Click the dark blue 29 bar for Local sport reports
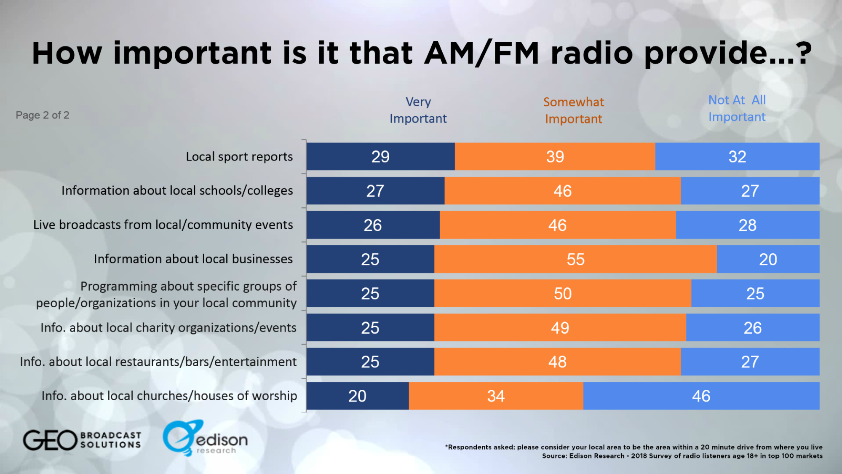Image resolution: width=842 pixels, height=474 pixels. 380,157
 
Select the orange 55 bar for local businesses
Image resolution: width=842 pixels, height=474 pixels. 575,259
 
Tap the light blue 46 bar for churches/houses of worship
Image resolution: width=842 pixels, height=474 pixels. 701,396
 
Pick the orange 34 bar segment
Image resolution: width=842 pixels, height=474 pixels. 496,396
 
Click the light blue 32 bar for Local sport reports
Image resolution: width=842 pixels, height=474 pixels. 737,157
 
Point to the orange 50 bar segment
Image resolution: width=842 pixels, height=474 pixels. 563,293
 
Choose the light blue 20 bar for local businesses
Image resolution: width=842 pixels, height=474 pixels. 768,259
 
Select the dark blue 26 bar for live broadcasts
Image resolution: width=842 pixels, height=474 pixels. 373,225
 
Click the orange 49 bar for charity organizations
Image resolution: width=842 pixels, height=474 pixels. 560,327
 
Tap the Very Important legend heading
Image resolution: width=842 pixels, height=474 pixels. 418,110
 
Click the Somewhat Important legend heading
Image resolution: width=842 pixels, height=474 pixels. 573,110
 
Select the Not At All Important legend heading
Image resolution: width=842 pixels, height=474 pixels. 737,108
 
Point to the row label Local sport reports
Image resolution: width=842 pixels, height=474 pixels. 239,157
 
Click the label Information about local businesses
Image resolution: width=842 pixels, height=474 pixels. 193,259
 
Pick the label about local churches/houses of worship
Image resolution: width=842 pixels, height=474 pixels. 169,396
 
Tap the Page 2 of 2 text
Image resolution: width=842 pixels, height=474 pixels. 42,115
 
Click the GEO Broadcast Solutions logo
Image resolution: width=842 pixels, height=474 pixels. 82,440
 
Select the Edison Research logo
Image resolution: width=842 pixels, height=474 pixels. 205,438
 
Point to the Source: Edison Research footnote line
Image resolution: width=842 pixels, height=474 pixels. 682,456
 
